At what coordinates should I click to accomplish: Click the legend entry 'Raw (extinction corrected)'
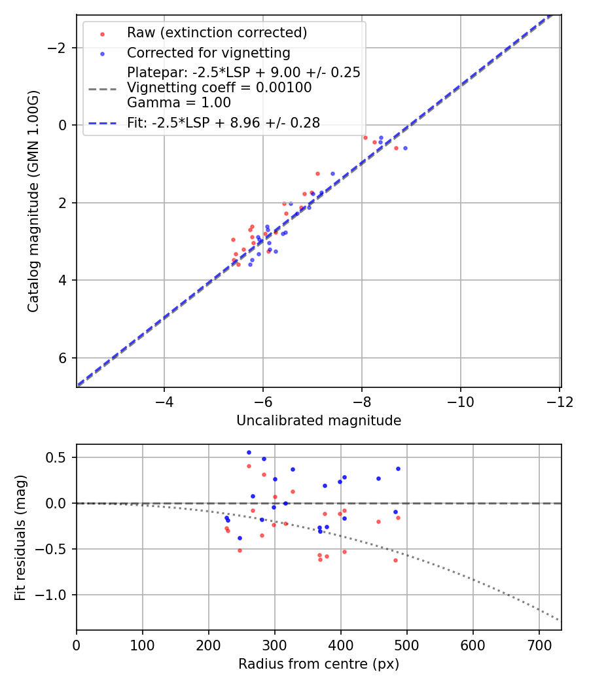point(217,33)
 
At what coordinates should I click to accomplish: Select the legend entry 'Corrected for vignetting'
point(208,52)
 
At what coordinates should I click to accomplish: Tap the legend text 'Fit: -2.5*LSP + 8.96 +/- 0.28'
point(223,122)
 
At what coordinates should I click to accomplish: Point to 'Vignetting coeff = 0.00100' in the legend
point(219,88)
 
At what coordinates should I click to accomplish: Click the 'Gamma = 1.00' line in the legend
point(179,102)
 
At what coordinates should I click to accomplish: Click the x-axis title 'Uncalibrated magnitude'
point(319,421)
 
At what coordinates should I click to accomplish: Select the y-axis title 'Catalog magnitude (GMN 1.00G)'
point(34,201)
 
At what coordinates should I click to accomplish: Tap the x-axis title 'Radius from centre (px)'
point(319,664)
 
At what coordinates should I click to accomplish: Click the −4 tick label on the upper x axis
point(164,401)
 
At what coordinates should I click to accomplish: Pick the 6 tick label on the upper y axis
point(63,358)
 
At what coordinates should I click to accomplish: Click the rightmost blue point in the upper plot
point(405,148)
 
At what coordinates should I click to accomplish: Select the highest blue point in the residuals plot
point(249,452)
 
